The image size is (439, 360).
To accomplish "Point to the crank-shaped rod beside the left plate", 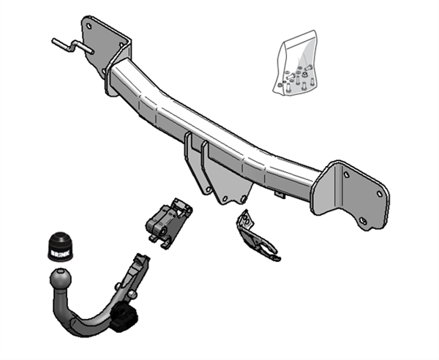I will coord(70,46).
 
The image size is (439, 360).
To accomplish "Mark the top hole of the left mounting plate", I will coord(92,26).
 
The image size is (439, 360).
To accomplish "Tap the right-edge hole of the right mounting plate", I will coord(380,194).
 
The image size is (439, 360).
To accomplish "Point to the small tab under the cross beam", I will coord(279,192).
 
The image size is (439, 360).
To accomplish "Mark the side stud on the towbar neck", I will coord(132,295).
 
